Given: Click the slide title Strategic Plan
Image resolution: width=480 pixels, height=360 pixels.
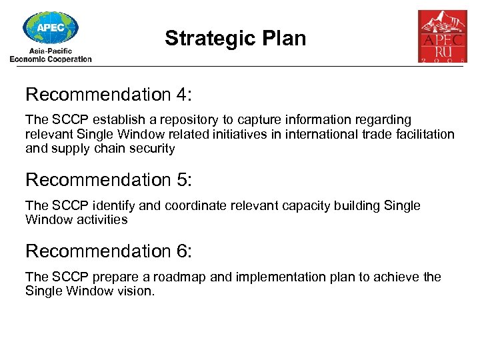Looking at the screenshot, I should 235,39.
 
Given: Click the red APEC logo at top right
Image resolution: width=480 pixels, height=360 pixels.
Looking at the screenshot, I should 442,36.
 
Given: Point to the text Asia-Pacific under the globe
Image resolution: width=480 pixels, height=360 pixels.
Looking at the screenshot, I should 51,51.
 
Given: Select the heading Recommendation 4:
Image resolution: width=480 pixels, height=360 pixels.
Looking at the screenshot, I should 108,95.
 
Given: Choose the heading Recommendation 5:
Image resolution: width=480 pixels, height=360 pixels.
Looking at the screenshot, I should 108,180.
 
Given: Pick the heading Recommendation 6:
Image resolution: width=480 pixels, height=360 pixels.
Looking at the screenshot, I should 108,251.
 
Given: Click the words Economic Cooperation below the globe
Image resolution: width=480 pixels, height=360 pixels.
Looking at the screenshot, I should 51,59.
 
